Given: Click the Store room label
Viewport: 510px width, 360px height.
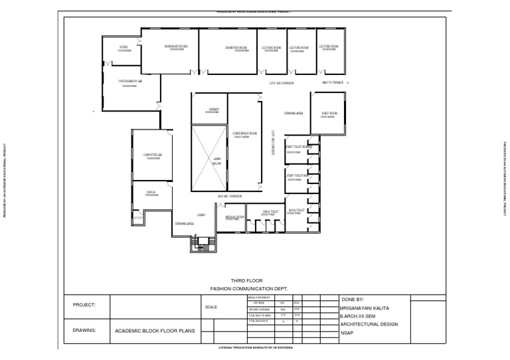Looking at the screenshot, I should [124, 48].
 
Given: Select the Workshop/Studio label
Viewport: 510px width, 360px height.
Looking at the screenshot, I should [176, 46].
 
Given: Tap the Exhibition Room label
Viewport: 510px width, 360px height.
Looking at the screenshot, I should [236, 48].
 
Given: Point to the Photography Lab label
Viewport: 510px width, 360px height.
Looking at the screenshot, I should [130, 81].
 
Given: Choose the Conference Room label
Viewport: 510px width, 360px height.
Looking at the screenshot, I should [244, 134].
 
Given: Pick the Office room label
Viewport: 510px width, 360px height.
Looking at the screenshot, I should [151, 192].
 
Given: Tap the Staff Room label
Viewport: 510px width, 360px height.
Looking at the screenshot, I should [328, 114].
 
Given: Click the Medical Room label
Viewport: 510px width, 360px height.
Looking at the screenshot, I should [234, 217].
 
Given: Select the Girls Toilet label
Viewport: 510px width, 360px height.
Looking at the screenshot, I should [270, 213].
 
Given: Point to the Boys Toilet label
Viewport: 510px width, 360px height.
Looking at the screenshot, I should [296, 211].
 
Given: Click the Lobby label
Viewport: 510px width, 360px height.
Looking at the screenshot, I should [201, 215].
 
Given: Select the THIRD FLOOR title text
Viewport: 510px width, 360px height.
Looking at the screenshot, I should [243, 281].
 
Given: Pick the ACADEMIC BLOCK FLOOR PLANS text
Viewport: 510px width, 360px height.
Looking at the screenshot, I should [155, 330].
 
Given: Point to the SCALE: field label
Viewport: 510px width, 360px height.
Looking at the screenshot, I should [212, 307].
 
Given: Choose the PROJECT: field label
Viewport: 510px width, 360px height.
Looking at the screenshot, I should [85, 305].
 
